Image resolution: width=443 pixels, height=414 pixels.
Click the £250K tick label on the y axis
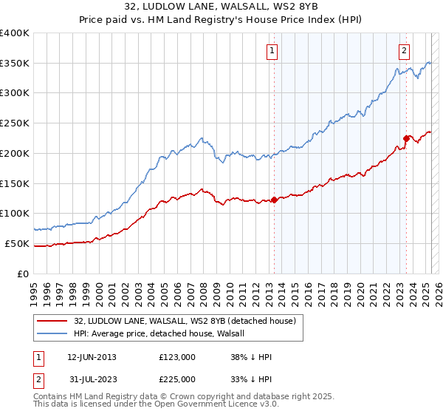pos(14,123)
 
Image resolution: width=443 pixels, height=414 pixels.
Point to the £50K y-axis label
pos(17,243)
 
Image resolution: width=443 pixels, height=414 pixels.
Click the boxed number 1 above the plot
pos(272,51)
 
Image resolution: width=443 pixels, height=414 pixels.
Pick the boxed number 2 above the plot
pos(405,51)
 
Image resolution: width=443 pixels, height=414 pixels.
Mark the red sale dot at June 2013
pos(274,200)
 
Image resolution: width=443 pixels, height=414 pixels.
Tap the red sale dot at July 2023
pos(406,138)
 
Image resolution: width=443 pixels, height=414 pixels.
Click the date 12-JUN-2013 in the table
pos(92,357)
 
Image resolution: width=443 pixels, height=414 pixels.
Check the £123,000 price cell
pos(177,357)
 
